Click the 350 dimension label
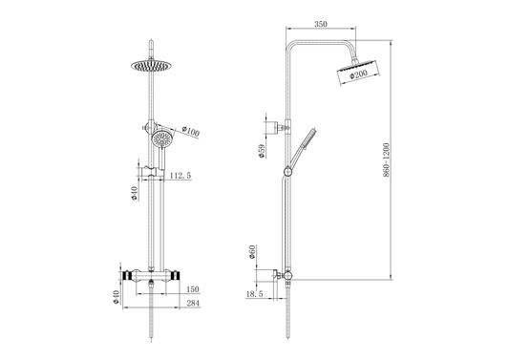(321, 24)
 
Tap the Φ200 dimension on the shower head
(358, 74)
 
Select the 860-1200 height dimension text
(386, 160)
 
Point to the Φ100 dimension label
(191, 131)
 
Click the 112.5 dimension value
(180, 176)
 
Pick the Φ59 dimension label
(262, 151)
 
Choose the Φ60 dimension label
(252, 252)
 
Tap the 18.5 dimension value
(255, 294)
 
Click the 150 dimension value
(193, 289)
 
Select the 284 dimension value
(193, 303)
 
